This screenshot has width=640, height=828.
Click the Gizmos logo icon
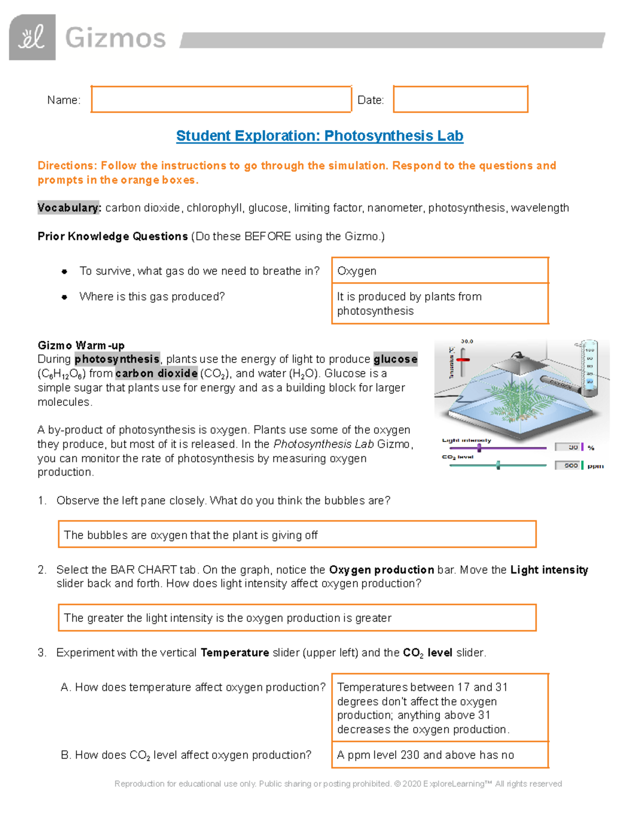click(32, 37)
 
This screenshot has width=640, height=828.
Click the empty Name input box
click(221, 99)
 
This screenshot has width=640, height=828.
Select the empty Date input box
click(460, 99)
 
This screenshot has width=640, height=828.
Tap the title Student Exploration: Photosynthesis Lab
click(319, 136)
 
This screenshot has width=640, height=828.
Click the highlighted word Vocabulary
click(69, 208)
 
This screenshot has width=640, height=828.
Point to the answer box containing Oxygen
click(440, 271)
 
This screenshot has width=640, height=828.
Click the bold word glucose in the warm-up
click(395, 359)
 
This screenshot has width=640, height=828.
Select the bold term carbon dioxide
click(156, 374)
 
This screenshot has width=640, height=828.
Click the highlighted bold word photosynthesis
click(117, 359)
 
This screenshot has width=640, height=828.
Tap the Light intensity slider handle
click(479, 448)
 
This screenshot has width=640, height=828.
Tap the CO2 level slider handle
click(498, 465)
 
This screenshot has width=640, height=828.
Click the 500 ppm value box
click(568, 465)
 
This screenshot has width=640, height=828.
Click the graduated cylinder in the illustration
click(589, 368)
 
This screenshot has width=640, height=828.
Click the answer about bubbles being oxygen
click(297, 535)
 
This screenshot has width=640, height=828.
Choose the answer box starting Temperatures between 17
click(440, 708)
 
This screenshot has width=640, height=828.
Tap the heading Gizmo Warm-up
click(81, 345)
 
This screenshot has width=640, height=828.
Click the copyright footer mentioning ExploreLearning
click(338, 784)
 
